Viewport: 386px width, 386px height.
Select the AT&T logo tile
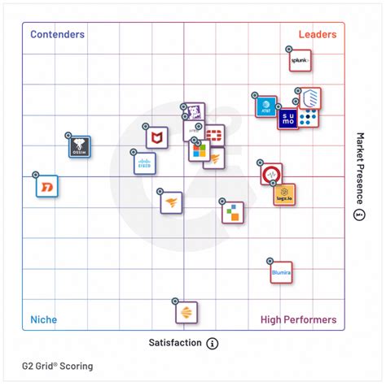pos(265,106)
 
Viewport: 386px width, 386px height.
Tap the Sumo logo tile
pos(287,119)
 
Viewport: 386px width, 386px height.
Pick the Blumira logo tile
pos(282,272)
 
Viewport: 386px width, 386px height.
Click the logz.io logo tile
pos(283,195)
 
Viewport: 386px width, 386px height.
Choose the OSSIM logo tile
pos(79,147)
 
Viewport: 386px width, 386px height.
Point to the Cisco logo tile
pos(145,163)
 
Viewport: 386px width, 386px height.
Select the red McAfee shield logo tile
pos(157,138)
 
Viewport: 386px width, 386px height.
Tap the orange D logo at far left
pos(46,188)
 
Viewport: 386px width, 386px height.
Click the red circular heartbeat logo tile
pos(271,174)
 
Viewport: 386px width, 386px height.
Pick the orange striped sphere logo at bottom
pos(186,313)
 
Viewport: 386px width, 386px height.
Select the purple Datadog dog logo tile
pos(193,114)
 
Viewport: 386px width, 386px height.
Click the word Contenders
pos(57,35)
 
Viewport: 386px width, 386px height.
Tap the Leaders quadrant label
pos(317,35)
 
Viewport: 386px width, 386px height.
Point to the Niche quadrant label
pos(43,319)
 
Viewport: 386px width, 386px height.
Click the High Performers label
pos(298,319)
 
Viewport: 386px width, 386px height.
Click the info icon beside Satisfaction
pos(213,343)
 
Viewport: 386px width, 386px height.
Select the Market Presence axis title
pos(359,167)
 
